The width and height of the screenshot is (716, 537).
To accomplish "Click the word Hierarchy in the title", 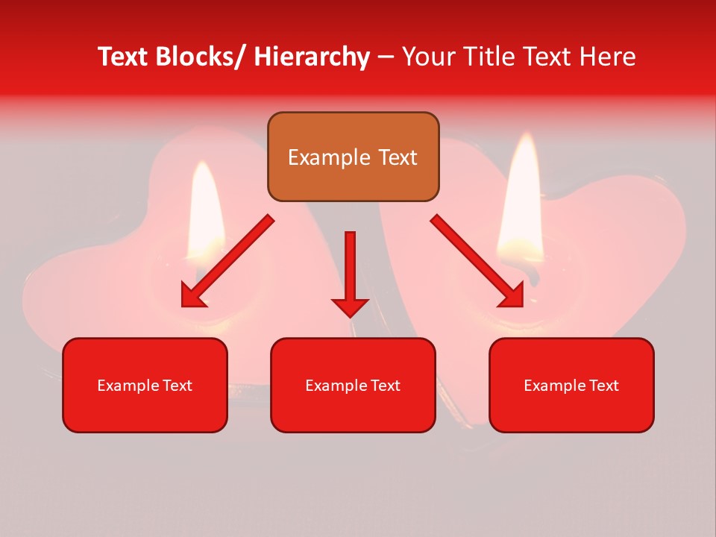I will [312, 57].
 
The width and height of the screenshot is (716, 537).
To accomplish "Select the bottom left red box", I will [145, 385].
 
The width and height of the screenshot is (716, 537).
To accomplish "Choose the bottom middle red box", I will [353, 385].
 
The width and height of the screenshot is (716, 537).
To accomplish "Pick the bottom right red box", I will [571, 385].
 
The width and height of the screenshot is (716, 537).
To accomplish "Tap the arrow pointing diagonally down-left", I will [227, 261].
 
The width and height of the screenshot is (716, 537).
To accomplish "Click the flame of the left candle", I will [203, 205].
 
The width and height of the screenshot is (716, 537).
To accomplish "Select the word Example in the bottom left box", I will [128, 386].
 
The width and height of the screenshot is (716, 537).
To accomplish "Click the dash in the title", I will [386, 57].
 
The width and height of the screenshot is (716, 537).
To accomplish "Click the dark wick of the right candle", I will [532, 272].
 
